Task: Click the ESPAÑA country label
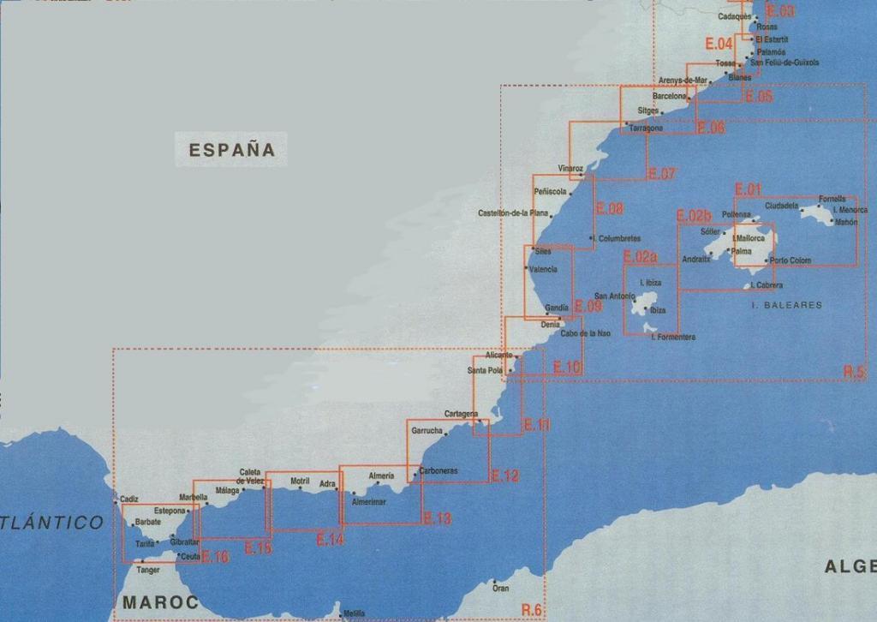coord(232,150)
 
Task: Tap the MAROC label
coord(161,602)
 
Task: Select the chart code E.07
coord(662,174)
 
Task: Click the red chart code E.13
coord(437,518)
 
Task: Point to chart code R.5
coord(854,372)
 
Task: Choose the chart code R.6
coord(531,609)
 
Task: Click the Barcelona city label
coord(670,97)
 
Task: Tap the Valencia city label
coord(543,269)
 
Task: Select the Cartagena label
coord(461,414)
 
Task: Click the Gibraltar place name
coord(184,542)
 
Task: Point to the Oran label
coord(501,588)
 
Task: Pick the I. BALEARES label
coord(786,305)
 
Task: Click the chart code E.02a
coord(641,256)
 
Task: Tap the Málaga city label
coord(227,491)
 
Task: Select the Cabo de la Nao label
coord(586,333)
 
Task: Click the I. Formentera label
coord(673,338)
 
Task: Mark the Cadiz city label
coord(129,499)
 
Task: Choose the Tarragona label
coord(646,129)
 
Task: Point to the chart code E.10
coord(568,368)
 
